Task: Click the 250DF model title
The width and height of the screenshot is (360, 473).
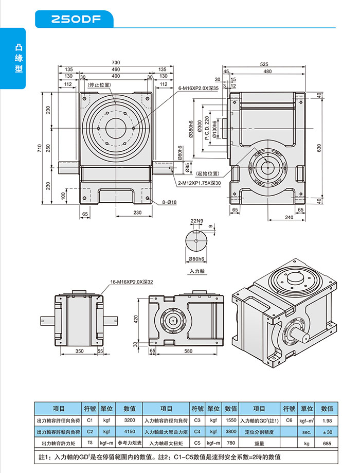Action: [75, 20]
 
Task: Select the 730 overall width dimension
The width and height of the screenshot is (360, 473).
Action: [116, 62]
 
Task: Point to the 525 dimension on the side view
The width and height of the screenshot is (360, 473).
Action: [264, 64]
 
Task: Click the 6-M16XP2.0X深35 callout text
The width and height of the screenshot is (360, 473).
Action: [199, 89]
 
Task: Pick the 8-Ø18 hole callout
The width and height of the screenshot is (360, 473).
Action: [169, 202]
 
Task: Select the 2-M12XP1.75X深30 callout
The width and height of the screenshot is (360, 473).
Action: [199, 183]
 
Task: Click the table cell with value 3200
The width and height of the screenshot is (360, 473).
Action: [130, 421]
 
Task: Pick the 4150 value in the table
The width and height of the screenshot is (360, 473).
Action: [130, 431]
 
